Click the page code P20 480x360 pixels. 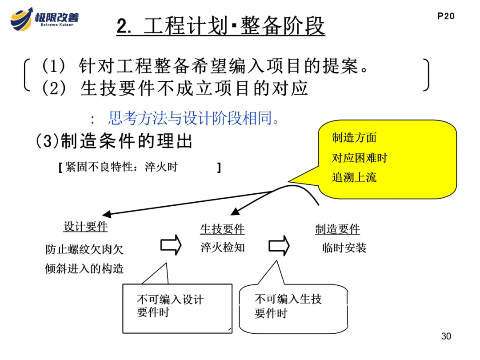click(x=446, y=16)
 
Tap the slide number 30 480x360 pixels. click(x=446, y=336)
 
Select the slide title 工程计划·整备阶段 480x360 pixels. click(x=221, y=26)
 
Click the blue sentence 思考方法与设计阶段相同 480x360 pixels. click(x=194, y=119)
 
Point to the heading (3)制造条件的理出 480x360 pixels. click(x=114, y=141)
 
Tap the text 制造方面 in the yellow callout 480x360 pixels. click(x=354, y=138)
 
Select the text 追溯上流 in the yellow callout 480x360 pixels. click(x=354, y=177)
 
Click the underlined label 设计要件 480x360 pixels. click(x=85, y=227)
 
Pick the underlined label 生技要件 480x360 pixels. click(x=222, y=229)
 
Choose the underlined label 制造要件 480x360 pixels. click(x=337, y=229)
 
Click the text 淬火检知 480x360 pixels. click(x=222, y=248)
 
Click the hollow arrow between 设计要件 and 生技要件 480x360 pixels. click(x=171, y=245)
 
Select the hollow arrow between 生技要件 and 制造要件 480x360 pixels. click(x=279, y=245)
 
